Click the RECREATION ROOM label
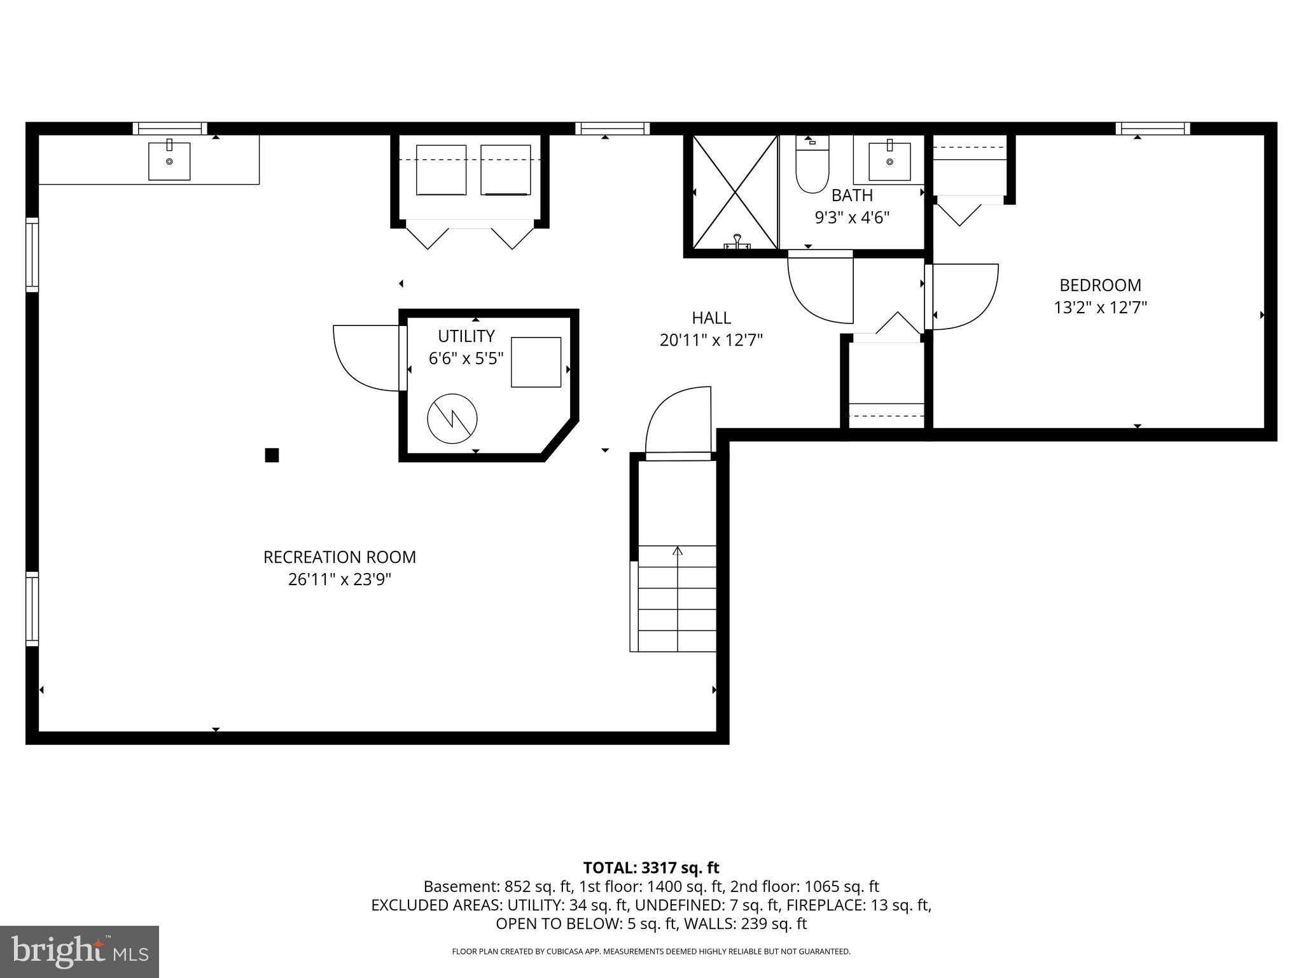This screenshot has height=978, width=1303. [x=339, y=557]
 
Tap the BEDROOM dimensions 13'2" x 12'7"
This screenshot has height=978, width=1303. [x=1100, y=308]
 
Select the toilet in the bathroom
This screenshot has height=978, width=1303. [x=812, y=167]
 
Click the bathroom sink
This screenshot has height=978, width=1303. [x=889, y=161]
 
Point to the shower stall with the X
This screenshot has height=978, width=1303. [x=735, y=192]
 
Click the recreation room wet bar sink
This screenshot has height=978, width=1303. [x=169, y=161]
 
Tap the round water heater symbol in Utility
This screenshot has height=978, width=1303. [x=452, y=419]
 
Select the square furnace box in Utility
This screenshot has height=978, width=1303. [x=536, y=362]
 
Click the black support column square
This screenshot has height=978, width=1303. [x=272, y=455]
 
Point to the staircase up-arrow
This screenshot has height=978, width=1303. [x=678, y=551]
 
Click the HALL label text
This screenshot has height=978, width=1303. [x=711, y=318]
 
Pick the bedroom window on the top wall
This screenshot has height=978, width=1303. [x=1152, y=129]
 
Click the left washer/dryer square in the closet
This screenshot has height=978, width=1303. [x=441, y=170]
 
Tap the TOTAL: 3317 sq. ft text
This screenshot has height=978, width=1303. [x=651, y=868]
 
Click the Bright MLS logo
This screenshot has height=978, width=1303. [x=80, y=951]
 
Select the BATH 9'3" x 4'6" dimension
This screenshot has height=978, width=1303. [x=852, y=218]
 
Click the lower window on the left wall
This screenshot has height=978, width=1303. [x=32, y=609]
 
